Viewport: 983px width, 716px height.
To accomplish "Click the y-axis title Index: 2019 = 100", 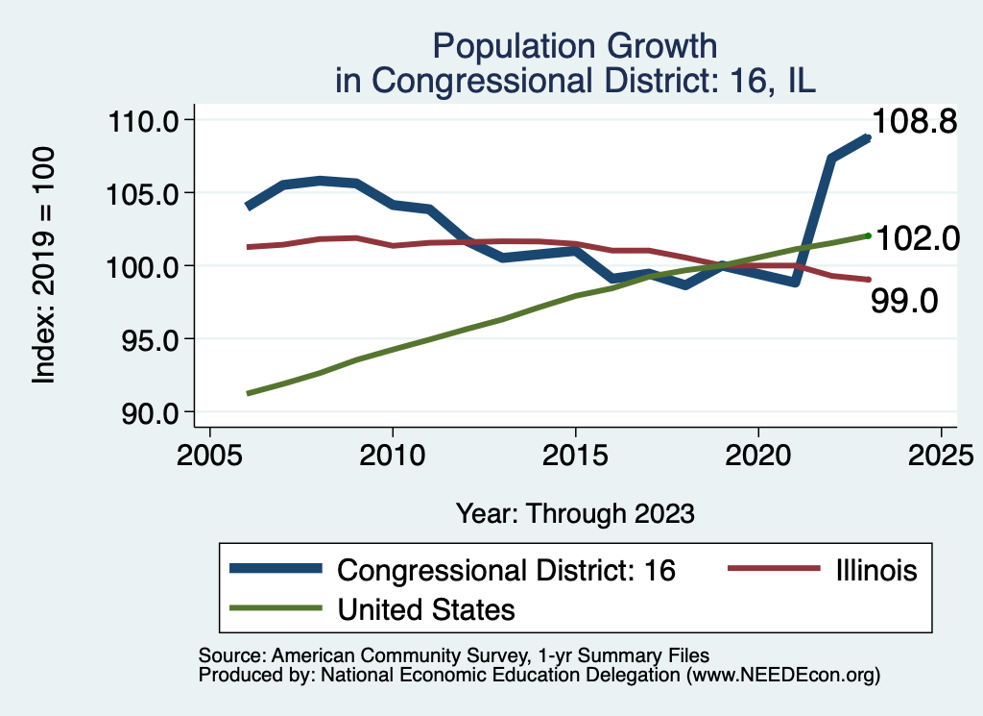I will click(43, 265).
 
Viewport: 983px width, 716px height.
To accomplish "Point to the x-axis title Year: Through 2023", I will click(574, 512).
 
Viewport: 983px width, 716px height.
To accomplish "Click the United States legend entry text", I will click(426, 609).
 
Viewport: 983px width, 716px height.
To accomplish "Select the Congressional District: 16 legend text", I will click(507, 570).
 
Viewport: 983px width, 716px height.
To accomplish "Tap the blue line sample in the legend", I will click(276, 569).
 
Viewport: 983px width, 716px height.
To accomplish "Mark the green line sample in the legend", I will click(276, 608).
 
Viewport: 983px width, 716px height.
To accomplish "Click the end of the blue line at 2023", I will click(867, 138).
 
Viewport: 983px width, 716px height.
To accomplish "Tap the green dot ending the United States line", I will click(868, 235).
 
